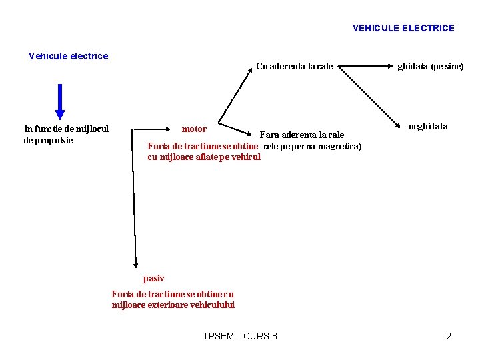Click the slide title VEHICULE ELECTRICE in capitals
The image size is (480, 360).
pyautogui.click(x=403, y=28)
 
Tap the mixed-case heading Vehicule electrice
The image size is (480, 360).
pyautogui.click(x=68, y=56)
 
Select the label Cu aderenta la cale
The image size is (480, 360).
pyautogui.click(x=294, y=66)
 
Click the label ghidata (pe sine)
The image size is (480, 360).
pyautogui.click(x=430, y=66)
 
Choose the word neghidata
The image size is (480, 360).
pyautogui.click(x=427, y=126)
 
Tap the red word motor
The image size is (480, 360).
pyautogui.click(x=194, y=129)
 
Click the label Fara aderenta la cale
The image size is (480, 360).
pyautogui.click(x=301, y=135)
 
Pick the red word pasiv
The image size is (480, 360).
pyautogui.click(x=153, y=278)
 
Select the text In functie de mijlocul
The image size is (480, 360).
pyautogui.click(x=66, y=129)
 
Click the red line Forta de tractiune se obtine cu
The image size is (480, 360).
pyautogui.click(x=173, y=294)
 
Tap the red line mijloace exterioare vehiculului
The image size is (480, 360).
pyautogui.click(x=173, y=305)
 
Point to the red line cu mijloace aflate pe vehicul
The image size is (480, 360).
pyautogui.click(x=203, y=157)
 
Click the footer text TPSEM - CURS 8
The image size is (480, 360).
pyautogui.click(x=240, y=336)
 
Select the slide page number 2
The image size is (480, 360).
pyautogui.click(x=449, y=336)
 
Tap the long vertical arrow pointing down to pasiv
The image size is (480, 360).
pyautogui.click(x=134, y=200)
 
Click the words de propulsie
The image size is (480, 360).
pyautogui.click(x=49, y=140)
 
